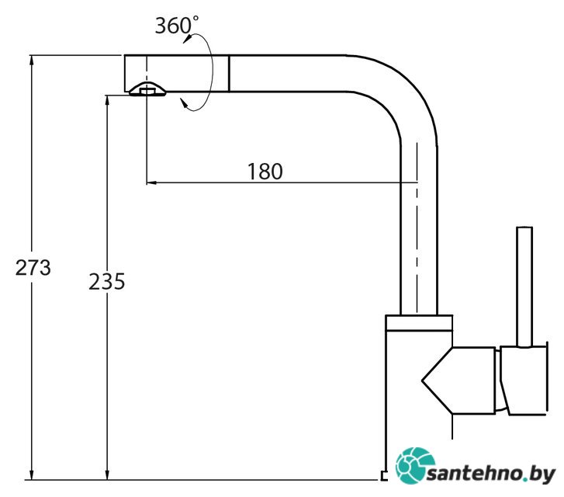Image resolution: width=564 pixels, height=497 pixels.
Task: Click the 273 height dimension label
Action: (x=33, y=268)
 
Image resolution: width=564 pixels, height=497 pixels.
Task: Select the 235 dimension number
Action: (x=107, y=281)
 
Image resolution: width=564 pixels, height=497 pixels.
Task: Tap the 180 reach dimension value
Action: (x=265, y=172)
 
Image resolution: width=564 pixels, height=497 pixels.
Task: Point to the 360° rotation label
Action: (x=177, y=25)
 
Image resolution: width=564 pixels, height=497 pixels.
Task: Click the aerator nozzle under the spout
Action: (x=147, y=89)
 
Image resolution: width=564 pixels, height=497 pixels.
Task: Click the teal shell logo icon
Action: (x=415, y=466)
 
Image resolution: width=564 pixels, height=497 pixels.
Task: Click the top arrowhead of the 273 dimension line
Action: (x=32, y=60)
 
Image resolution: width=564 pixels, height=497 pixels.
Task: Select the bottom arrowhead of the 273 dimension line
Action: (x=32, y=474)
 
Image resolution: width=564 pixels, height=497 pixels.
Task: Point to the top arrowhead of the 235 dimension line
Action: (x=107, y=100)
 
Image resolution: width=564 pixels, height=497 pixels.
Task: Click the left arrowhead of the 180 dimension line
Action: (x=151, y=183)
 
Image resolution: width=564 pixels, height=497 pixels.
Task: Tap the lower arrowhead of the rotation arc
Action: (x=184, y=103)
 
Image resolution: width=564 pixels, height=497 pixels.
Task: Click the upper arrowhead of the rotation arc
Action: (x=188, y=39)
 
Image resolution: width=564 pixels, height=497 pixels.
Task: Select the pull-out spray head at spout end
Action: (x=176, y=74)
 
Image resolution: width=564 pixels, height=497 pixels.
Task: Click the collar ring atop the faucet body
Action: (x=419, y=323)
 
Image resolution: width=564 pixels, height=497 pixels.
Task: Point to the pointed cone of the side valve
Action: (x=437, y=381)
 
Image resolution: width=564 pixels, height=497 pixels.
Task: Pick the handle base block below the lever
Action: (x=524, y=381)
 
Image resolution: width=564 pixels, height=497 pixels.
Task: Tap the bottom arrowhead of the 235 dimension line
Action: (x=107, y=475)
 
